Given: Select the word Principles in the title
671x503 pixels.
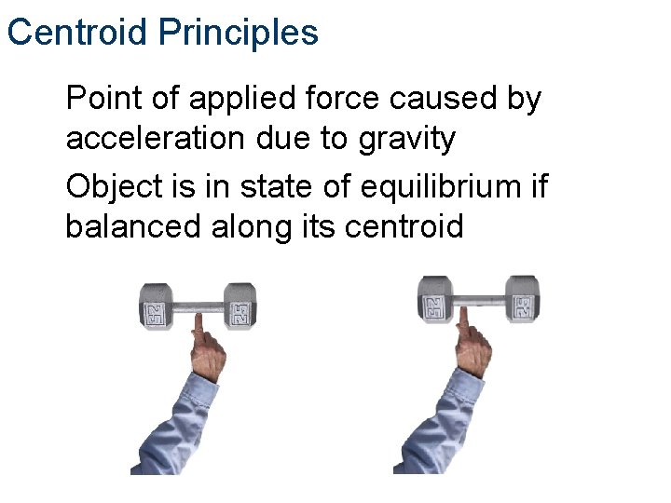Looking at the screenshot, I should click(238, 33).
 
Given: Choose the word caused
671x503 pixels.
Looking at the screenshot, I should click(439, 98).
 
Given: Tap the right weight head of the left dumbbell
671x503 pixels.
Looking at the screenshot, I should click(240, 306).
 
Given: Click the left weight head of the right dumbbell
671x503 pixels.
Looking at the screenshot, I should click(434, 300).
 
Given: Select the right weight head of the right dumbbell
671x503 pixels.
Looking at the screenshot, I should click(523, 300).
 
